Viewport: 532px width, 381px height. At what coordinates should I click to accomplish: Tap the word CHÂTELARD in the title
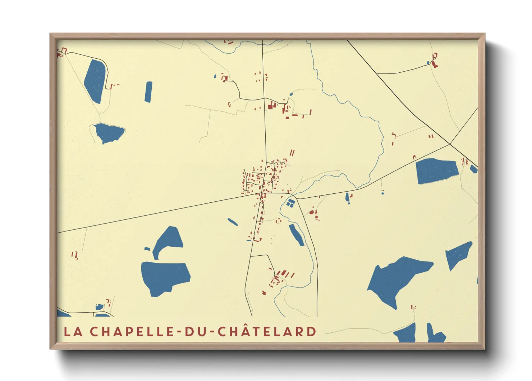(267, 332)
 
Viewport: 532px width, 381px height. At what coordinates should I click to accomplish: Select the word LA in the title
(73, 332)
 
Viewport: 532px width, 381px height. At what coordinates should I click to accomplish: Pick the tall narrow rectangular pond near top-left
(148, 92)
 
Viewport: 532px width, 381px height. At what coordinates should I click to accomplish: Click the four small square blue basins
(290, 203)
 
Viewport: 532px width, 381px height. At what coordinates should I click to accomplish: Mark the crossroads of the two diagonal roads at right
(450, 144)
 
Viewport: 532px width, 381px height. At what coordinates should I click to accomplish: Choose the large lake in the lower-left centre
(164, 277)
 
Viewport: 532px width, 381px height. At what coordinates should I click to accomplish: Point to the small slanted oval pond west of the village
(233, 222)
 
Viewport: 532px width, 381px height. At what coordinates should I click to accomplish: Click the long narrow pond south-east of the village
(297, 235)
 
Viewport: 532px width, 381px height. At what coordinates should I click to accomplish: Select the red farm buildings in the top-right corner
(434, 61)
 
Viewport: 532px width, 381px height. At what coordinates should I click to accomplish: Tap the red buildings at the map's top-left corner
(62, 52)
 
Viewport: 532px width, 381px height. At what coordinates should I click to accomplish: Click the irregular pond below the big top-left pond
(108, 133)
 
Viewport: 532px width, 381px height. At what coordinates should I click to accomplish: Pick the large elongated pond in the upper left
(96, 81)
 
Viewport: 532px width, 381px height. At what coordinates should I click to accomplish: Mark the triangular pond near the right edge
(458, 254)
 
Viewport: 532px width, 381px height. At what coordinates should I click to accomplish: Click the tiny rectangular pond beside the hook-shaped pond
(147, 248)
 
